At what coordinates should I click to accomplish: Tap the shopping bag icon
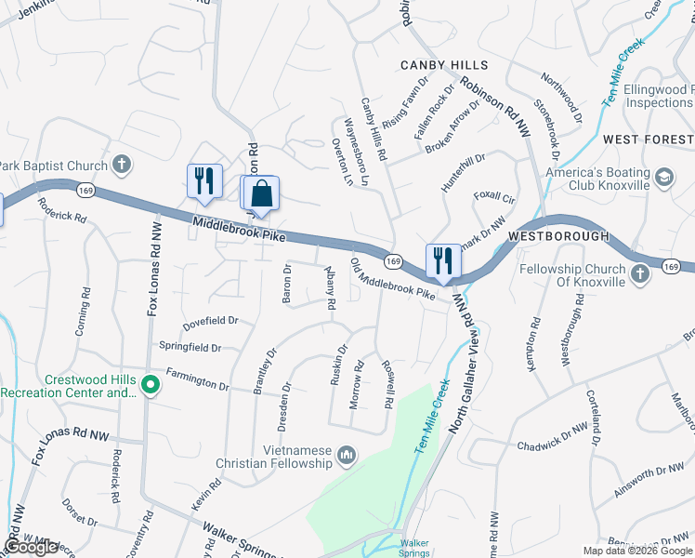[264, 193]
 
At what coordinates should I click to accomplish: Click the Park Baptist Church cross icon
[120, 166]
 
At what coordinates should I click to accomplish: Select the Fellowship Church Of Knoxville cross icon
[639, 274]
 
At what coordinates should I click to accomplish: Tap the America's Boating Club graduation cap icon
[665, 176]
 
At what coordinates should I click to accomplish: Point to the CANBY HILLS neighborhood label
[444, 65]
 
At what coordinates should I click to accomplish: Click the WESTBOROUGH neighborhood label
[558, 236]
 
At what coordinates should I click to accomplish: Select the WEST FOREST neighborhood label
[648, 139]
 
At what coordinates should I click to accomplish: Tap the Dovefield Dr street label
[211, 321]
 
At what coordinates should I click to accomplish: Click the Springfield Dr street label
[190, 348]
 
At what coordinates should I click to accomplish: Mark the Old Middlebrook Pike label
[391, 279]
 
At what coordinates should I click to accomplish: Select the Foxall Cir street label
[494, 198]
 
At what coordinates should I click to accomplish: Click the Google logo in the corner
[31, 547]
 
